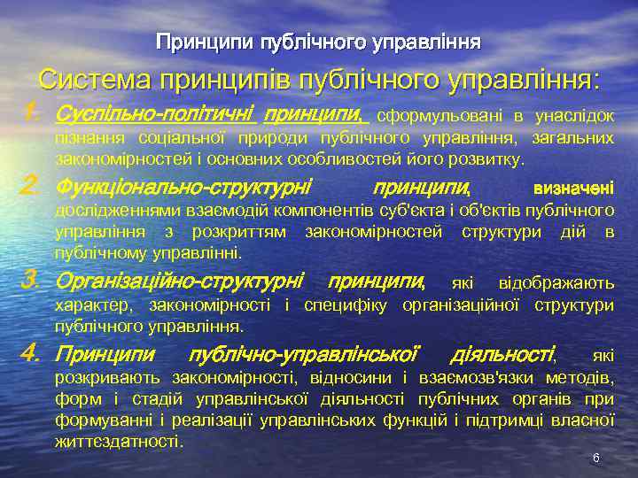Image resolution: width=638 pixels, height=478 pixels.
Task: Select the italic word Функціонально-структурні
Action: [183, 188]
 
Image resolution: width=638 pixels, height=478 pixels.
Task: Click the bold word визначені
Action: [573, 189]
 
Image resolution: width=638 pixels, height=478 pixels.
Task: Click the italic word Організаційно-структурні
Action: [179, 283]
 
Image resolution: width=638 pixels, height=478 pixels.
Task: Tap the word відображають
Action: [556, 283]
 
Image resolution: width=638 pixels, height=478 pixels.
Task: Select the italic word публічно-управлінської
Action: [303, 356]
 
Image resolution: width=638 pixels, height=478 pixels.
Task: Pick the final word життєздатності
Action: [117, 440]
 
